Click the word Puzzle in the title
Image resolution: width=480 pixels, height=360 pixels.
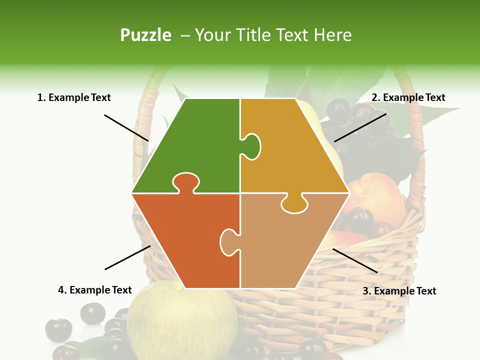click(x=145, y=35)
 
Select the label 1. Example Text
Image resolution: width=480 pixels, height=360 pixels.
click(x=74, y=97)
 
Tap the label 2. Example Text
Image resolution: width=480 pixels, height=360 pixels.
click(x=408, y=97)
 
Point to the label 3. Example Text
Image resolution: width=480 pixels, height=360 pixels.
click(x=399, y=291)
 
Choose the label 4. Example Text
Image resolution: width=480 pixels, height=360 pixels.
click(x=94, y=290)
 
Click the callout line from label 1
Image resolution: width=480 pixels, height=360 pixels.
click(x=126, y=127)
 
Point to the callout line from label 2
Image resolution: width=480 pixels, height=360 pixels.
click(x=360, y=127)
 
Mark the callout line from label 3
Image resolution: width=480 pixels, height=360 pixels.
click(x=355, y=260)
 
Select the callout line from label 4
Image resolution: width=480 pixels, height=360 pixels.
click(x=127, y=257)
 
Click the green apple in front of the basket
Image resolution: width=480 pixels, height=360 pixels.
click(x=182, y=320)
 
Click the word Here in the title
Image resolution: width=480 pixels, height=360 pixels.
click(x=332, y=35)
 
